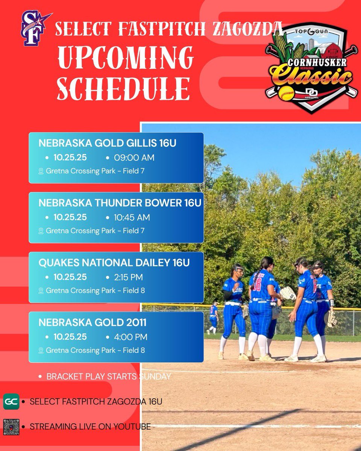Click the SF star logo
click(34, 29)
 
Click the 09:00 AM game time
click(134, 157)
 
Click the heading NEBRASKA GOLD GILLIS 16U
click(108, 143)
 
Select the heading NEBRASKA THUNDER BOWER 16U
click(120, 203)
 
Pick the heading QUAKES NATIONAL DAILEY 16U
click(114, 263)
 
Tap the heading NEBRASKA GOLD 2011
click(93, 322)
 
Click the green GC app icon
click(11, 401)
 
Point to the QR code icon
click(11, 427)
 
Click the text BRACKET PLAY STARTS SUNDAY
click(109, 376)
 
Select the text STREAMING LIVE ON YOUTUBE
click(90, 427)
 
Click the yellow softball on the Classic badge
click(287, 92)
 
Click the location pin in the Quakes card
click(41, 291)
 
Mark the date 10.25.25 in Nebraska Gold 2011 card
click(70, 337)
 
